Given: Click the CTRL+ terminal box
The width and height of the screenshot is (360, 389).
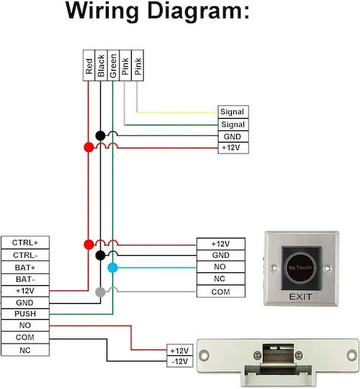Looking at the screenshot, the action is (x=25, y=242).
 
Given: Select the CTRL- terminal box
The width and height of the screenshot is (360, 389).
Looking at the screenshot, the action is (x=25, y=255).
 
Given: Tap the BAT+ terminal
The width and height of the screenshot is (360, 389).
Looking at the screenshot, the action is (x=25, y=267).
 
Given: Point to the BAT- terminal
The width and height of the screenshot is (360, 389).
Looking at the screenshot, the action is (x=25, y=280).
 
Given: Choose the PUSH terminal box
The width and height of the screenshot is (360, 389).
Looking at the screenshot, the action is (x=25, y=314).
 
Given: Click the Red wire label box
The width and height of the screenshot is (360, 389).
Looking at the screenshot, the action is (x=89, y=66).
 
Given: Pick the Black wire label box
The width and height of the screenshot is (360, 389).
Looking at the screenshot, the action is (x=101, y=66).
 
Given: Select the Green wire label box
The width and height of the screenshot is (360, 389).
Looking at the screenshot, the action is (x=113, y=66).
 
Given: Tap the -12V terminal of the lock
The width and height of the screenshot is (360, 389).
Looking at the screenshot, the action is (x=180, y=362).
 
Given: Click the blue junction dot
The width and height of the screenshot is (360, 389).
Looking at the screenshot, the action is (x=112, y=268).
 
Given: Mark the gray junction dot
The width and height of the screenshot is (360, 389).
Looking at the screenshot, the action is (x=100, y=292).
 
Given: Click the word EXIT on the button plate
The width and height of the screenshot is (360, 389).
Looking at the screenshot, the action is (x=300, y=297).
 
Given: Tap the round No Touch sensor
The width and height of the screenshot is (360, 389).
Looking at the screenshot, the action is (x=300, y=267).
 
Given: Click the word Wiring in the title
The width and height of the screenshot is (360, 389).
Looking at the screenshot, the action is (x=102, y=11).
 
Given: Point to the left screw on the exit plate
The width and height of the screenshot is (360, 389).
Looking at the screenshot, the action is (x=274, y=268).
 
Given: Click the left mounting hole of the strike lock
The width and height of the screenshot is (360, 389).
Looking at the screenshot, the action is (x=204, y=355).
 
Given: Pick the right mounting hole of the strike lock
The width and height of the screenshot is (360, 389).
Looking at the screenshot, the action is (x=351, y=355).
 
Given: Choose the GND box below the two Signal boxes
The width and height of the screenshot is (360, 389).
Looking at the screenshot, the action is (x=233, y=136).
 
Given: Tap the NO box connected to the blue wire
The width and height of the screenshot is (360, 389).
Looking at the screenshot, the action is (x=220, y=267).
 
